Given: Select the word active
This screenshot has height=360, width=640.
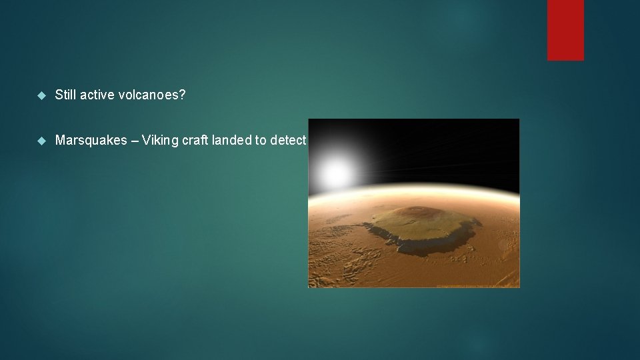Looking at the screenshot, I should tap(96, 95).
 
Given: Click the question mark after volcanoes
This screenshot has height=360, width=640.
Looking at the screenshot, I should tap(182, 95).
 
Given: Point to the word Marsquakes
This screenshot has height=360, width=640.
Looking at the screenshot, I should tap(91, 141).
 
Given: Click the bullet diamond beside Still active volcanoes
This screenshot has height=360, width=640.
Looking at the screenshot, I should tap(41, 96).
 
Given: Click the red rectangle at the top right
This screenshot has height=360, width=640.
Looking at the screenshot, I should tap(565, 30).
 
